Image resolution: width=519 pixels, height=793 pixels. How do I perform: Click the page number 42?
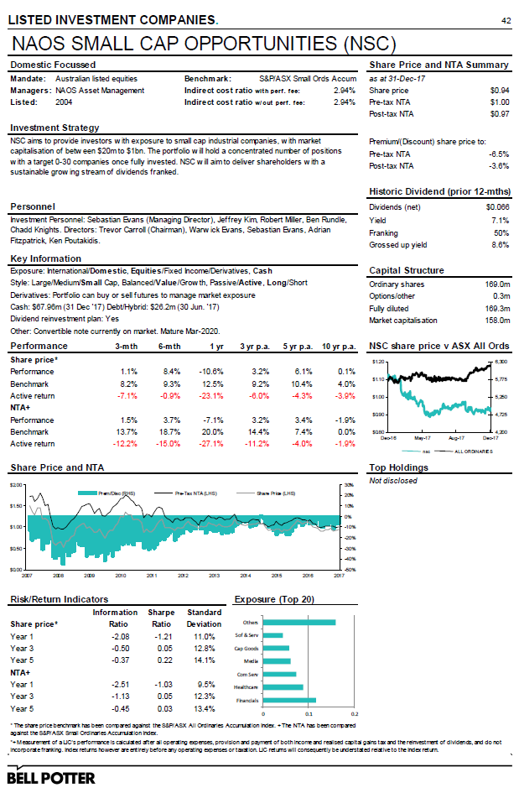coord(506,20)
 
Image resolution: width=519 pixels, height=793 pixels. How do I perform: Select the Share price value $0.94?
coord(499,90)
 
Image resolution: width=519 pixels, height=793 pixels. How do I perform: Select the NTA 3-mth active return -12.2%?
coord(125,444)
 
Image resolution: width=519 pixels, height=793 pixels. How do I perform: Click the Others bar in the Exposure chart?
coord(299,622)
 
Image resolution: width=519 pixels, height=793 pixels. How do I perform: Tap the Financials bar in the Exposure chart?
coord(289,699)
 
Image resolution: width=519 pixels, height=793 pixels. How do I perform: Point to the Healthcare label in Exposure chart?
coord(245,686)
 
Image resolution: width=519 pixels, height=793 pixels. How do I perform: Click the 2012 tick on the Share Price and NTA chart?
coord(183,576)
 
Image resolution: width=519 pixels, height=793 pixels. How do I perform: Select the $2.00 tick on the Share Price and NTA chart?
coord(16,485)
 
